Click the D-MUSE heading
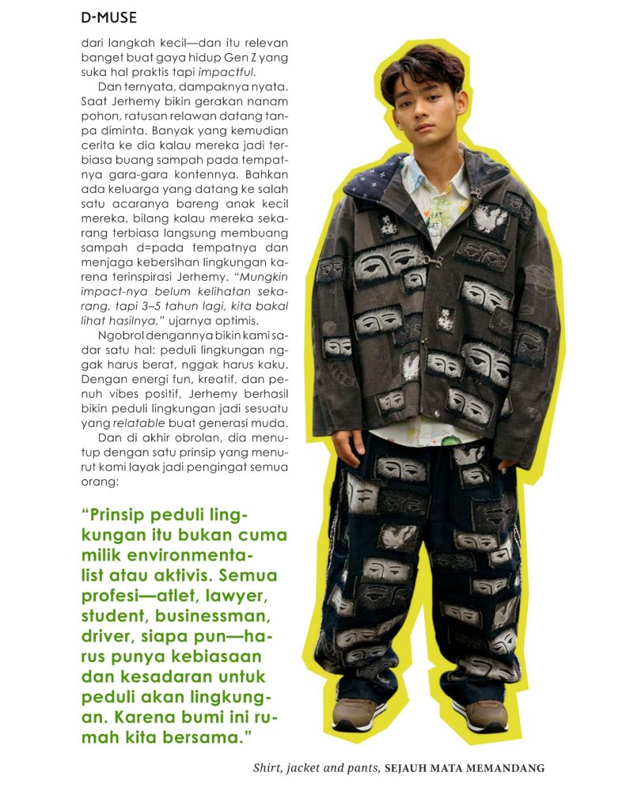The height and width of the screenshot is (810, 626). pyautogui.click(x=108, y=17)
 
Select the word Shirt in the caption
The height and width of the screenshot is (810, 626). pyautogui.click(x=267, y=767)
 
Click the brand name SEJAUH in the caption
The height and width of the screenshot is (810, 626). pyautogui.click(x=409, y=767)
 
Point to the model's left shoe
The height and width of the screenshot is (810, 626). pyautogui.click(x=484, y=714)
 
